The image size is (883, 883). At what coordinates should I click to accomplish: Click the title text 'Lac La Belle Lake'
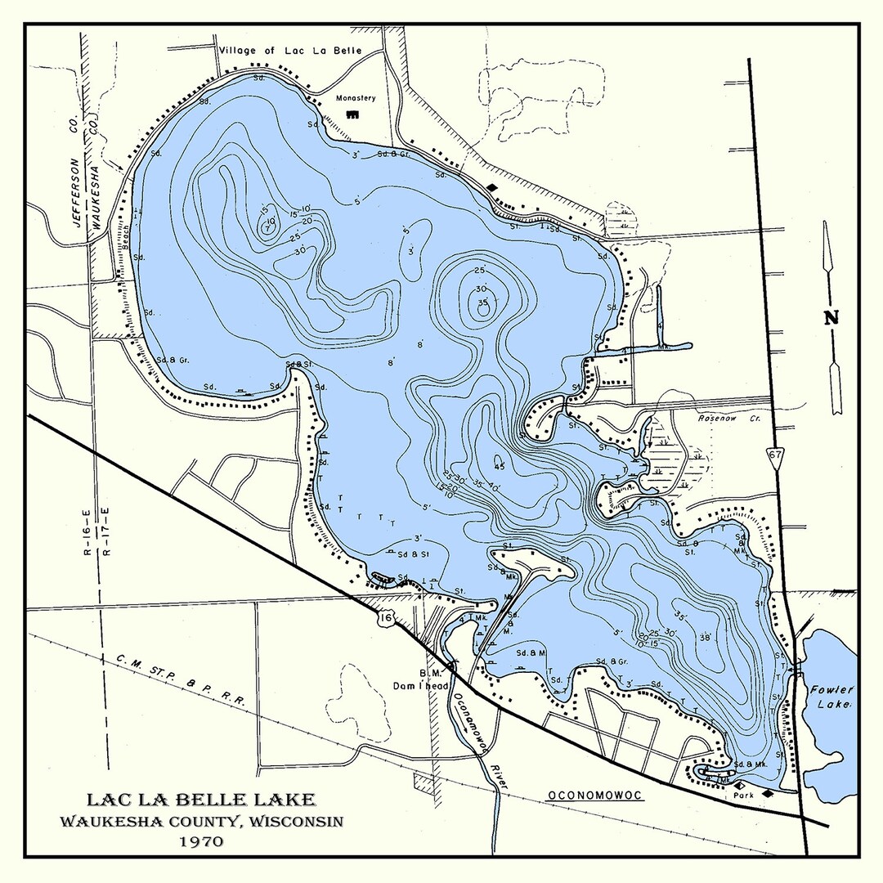pyautogui.click(x=199, y=800)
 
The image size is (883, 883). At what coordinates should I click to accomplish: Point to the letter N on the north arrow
pyautogui.click(x=831, y=318)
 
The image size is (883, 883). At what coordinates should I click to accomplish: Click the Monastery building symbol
pyautogui.click(x=353, y=115)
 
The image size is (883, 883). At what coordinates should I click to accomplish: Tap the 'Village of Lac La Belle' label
pyautogui.click(x=301, y=51)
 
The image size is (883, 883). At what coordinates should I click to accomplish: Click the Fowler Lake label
pyautogui.click(x=832, y=696)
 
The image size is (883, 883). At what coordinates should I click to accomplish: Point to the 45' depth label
pyautogui.click(x=499, y=466)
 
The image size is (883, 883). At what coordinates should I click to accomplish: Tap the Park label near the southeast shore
pyautogui.click(x=743, y=793)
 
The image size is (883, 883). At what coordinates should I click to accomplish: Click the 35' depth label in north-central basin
pyautogui.click(x=482, y=303)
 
